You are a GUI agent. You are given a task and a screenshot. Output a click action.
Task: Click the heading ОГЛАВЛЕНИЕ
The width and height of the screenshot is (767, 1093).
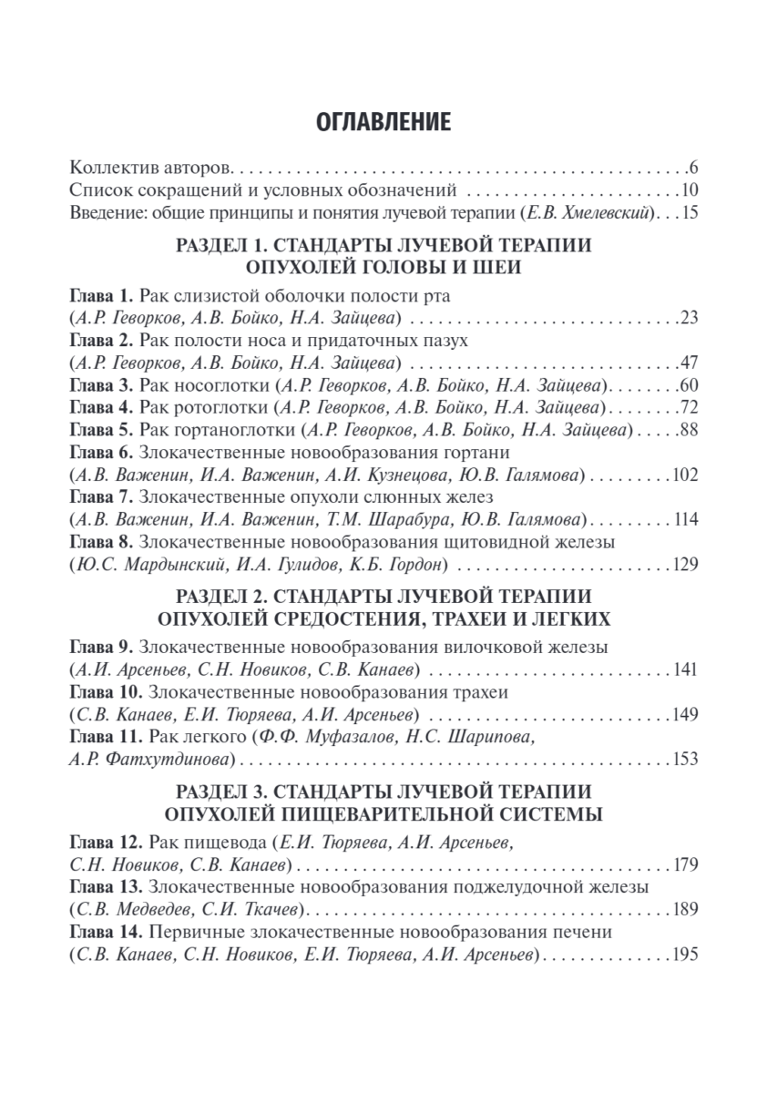(383, 122)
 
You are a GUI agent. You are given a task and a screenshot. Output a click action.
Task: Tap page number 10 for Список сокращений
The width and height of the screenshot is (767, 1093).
(688, 191)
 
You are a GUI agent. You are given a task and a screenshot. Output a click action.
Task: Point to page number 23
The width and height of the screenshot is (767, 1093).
(688, 318)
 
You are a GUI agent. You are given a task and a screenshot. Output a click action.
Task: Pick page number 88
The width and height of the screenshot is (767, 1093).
(688, 429)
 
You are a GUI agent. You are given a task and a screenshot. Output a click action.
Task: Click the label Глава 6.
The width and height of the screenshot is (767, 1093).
(101, 452)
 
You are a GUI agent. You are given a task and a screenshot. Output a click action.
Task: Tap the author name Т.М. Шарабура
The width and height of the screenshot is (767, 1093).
(372, 519)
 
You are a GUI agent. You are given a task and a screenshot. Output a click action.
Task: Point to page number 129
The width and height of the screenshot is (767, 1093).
(684, 565)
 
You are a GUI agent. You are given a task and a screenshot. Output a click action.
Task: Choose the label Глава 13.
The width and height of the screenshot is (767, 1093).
(105, 886)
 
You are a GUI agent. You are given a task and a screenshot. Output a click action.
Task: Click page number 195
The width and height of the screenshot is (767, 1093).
(684, 954)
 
